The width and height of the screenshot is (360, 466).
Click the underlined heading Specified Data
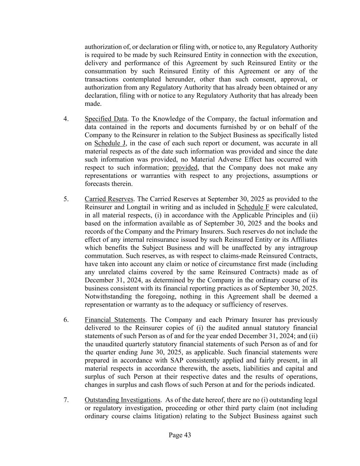[x=106, y=119]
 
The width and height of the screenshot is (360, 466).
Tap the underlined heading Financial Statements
[x=115, y=320]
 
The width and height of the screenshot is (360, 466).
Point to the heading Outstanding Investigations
[x=122, y=400]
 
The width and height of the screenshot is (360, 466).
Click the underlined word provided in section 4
[x=185, y=168]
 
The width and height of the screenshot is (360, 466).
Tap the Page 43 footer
[x=180, y=435]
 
